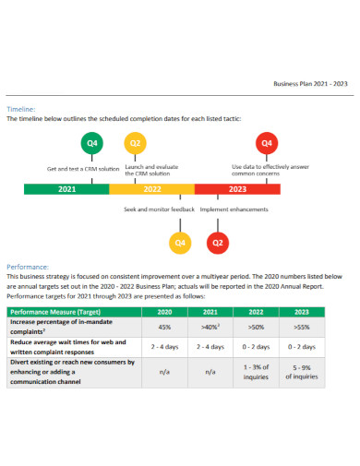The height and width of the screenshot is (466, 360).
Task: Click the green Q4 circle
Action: click(91, 144)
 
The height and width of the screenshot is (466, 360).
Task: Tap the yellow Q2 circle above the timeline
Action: click(135, 144)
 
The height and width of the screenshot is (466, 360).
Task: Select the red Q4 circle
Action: click(266, 144)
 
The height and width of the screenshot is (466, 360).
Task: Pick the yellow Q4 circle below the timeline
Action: click(180, 243)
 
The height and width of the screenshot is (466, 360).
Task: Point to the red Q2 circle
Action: click(219, 243)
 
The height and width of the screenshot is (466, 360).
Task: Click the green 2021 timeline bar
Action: click(66, 189)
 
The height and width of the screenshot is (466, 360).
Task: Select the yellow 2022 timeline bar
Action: click(152, 189)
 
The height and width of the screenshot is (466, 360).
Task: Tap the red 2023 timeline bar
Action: click(237, 189)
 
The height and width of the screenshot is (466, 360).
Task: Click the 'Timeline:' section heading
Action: click(21, 109)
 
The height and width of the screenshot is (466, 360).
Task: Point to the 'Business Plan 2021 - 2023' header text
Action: click(310, 84)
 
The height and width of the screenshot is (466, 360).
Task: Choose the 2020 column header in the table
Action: click(165, 312)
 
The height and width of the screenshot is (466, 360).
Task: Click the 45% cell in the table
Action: click(165, 327)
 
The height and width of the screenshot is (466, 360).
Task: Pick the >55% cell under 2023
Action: click(302, 327)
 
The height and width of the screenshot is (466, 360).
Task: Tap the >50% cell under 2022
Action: click(257, 327)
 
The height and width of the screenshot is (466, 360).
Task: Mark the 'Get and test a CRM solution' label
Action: click(83, 169)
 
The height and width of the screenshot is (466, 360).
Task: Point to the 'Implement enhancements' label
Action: click(234, 209)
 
